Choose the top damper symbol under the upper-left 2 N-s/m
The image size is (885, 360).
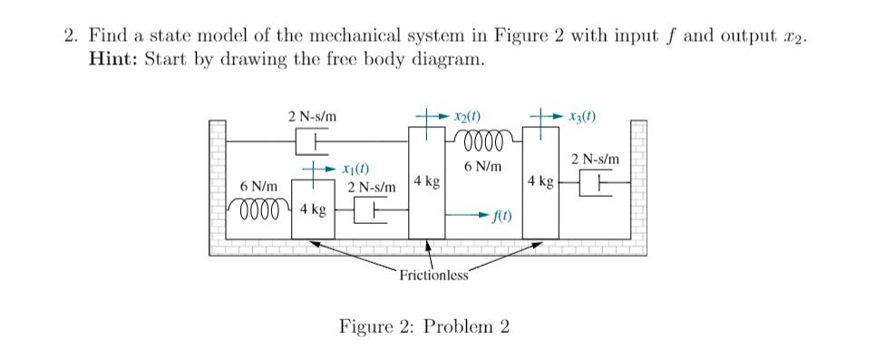pos(311,141)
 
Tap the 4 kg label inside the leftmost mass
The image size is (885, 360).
pos(313,210)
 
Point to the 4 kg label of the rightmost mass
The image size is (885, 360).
pos(540,181)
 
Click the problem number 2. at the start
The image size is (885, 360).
pos(71,37)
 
